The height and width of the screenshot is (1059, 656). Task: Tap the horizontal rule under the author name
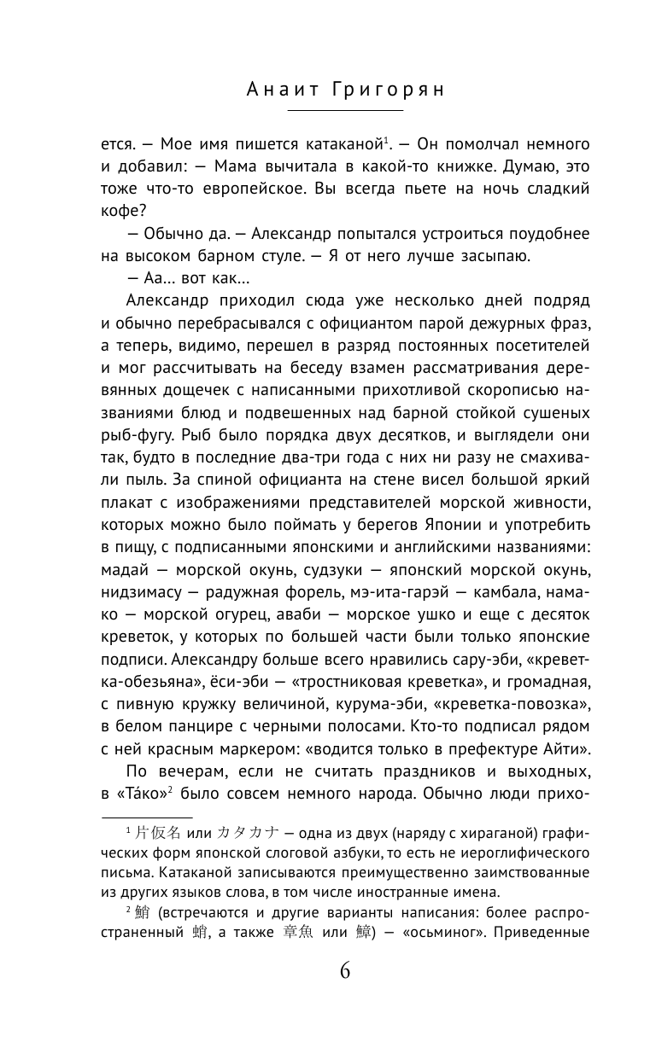(x=345, y=111)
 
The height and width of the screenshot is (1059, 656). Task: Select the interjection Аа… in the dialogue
(x=140, y=276)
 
